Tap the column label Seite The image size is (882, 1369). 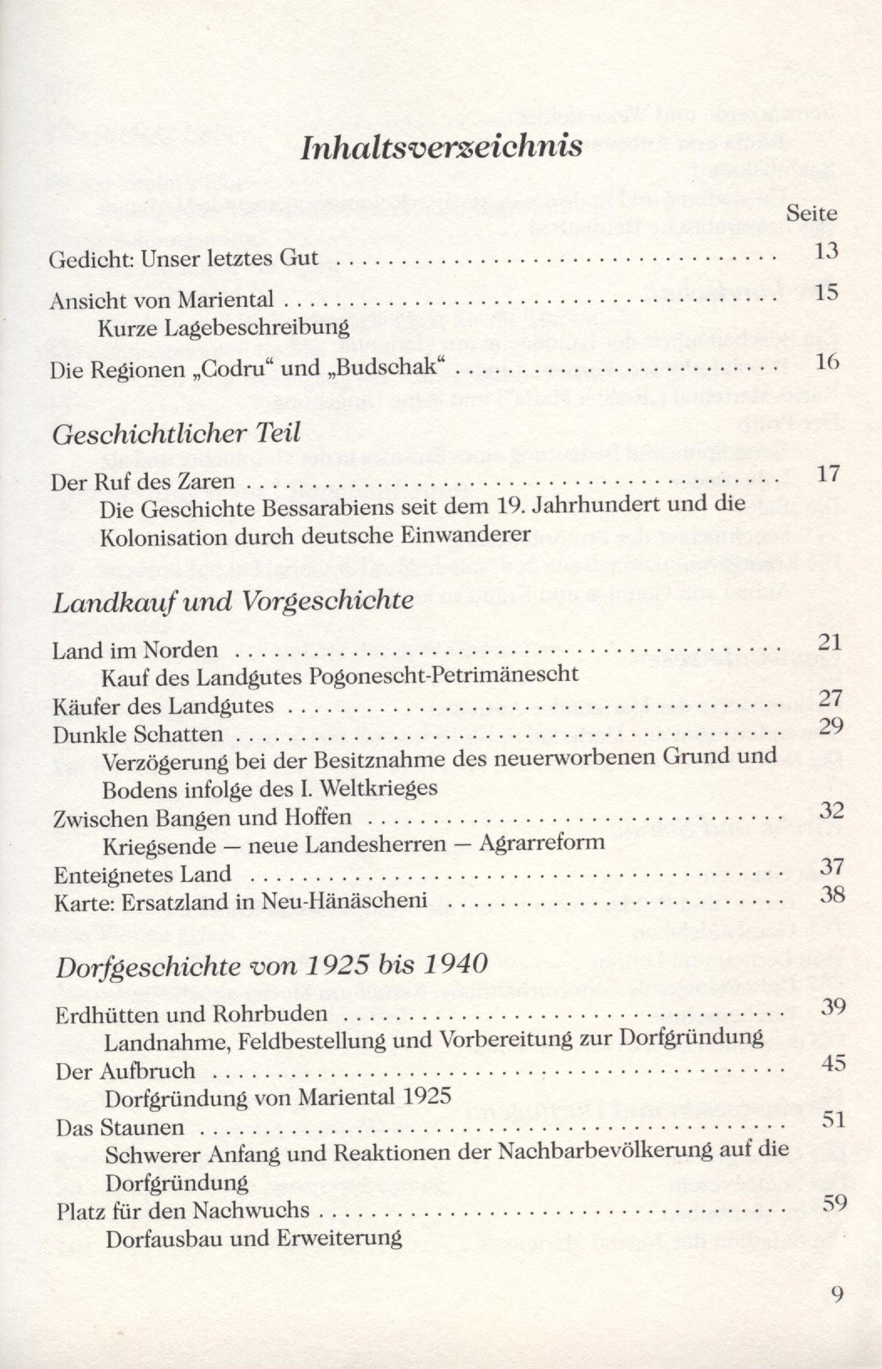(812, 214)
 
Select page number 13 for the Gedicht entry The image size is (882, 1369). (826, 252)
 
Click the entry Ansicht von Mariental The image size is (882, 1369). (161, 300)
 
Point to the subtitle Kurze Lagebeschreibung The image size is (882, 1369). (224, 328)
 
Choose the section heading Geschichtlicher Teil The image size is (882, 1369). (176, 434)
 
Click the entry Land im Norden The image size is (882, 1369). (135, 651)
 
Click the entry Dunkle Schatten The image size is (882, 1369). (138, 735)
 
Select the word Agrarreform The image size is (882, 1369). (542, 842)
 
